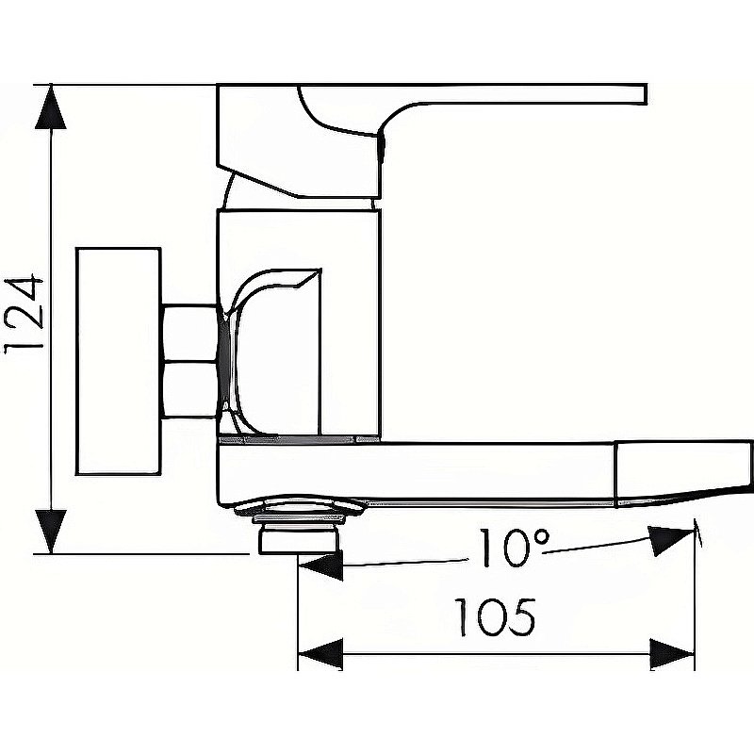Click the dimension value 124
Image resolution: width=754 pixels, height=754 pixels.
pos(25,315)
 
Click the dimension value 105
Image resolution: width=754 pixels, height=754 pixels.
pos(495,617)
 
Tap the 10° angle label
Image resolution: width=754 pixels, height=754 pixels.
pos(514,548)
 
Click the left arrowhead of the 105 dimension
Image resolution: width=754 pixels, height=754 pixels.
pos(320,654)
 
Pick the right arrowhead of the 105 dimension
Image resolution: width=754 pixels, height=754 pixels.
pos(672,654)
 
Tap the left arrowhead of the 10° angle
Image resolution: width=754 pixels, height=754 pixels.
pos(320,566)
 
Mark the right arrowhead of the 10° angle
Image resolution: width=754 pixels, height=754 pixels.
pos(671,539)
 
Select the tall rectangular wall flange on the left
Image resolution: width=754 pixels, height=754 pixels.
pos(119,361)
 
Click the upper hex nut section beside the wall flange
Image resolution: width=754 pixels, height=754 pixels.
pos(189,333)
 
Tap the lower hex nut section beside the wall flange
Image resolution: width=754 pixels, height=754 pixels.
pos(189,389)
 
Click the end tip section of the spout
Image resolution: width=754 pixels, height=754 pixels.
pos(683,473)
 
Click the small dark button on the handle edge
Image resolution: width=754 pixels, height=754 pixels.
pos(382,148)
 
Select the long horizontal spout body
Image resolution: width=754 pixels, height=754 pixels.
pos(417,474)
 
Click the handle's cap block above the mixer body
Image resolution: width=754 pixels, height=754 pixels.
pos(299,141)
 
